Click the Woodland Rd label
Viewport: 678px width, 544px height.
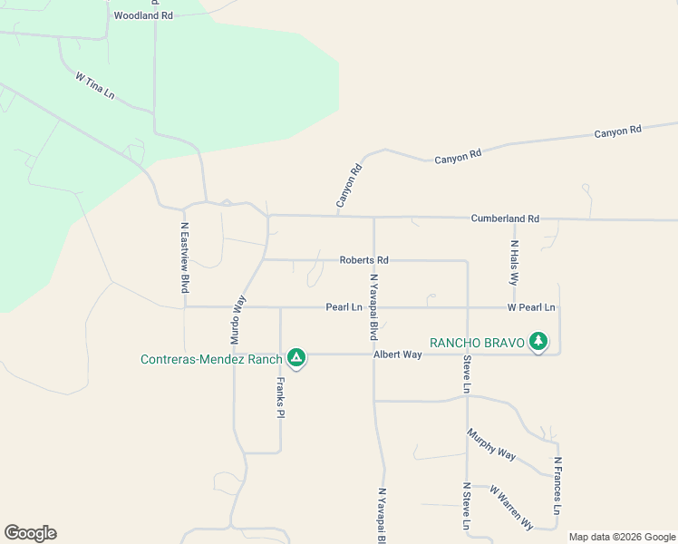tap(143, 15)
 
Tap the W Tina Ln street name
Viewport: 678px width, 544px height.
tap(95, 86)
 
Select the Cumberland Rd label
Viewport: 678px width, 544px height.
tap(505, 219)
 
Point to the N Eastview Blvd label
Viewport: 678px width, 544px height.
tap(185, 258)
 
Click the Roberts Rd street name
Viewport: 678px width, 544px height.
tap(363, 260)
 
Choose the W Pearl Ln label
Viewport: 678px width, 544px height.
tap(531, 307)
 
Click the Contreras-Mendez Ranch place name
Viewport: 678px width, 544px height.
tap(212, 359)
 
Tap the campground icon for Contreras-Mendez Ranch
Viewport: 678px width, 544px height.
tap(296, 359)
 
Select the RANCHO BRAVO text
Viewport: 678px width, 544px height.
tap(478, 342)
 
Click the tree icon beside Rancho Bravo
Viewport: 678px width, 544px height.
tap(539, 342)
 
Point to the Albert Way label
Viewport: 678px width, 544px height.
tap(398, 355)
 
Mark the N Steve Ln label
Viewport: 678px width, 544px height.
tap(467, 508)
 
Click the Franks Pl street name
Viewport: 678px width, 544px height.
tap(280, 397)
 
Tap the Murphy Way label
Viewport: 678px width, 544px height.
tap(491, 444)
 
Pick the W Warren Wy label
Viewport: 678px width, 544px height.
tap(511, 507)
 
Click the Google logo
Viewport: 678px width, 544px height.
tap(30, 533)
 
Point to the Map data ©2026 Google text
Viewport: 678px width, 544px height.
tap(621, 537)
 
